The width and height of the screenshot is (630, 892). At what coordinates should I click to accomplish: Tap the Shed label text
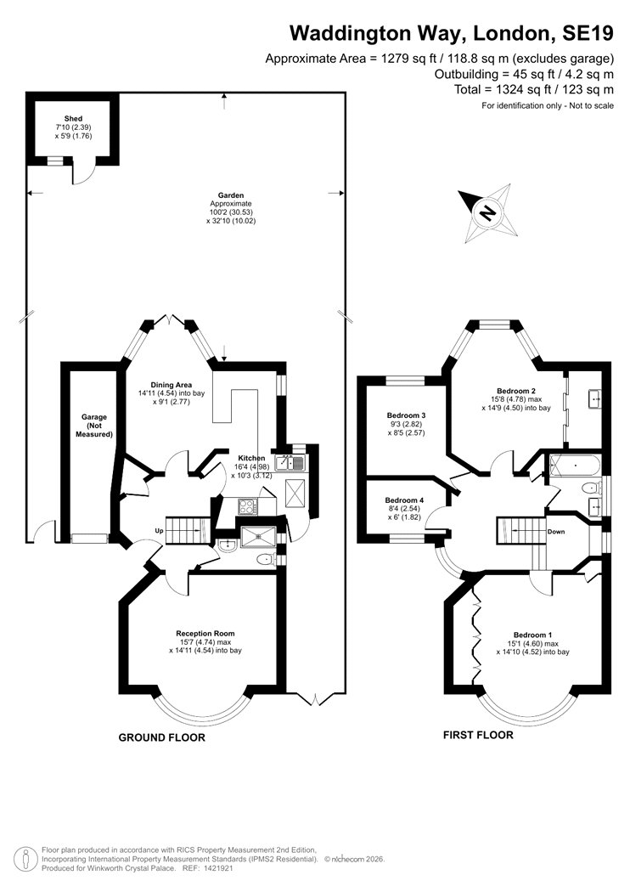click(72, 117)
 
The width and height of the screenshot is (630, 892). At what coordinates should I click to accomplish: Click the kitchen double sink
click(295, 462)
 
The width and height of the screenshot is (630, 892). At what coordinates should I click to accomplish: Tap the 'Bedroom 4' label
click(403, 500)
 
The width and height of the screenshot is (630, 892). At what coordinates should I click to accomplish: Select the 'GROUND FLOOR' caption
click(161, 738)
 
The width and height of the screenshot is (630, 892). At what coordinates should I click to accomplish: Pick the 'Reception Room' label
click(205, 633)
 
